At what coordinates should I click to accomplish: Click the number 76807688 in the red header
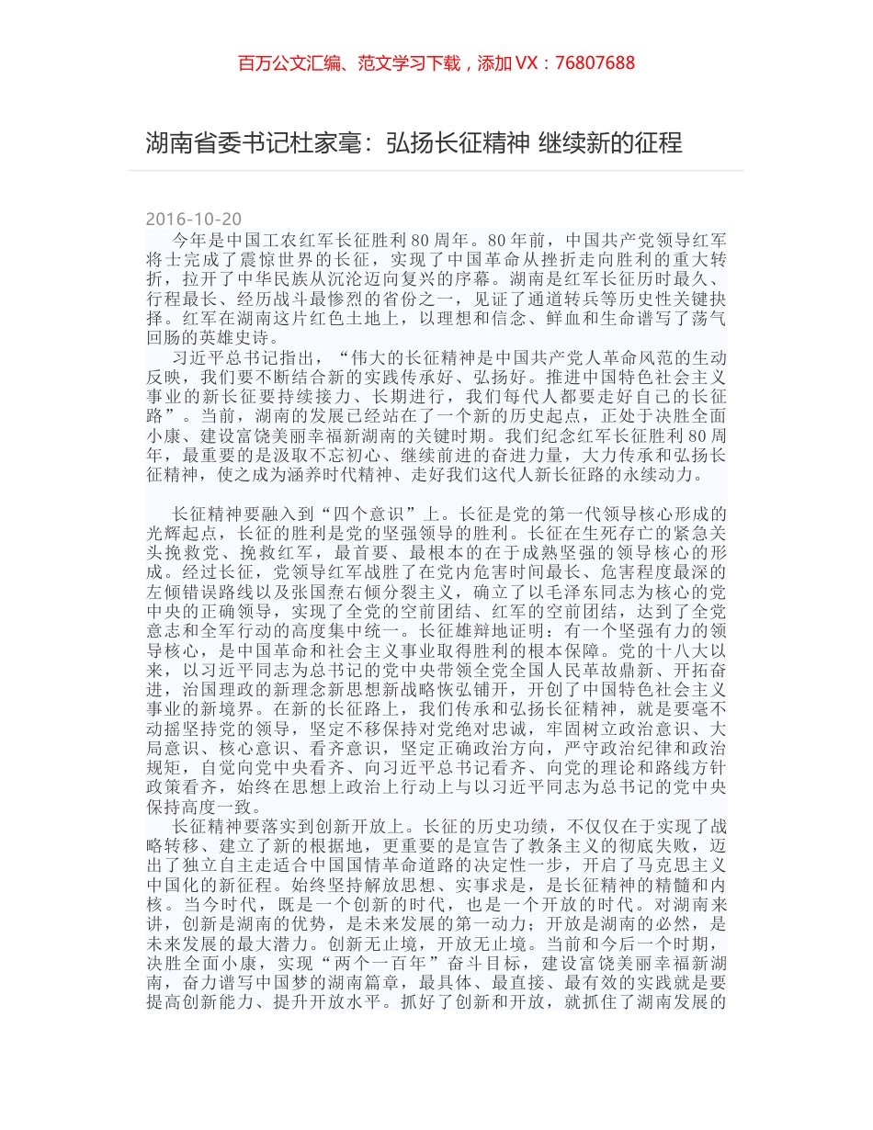(x=595, y=63)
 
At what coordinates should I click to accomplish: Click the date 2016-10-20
(x=194, y=219)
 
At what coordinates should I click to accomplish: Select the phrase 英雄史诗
(x=232, y=337)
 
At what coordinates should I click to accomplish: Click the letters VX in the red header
(x=528, y=63)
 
